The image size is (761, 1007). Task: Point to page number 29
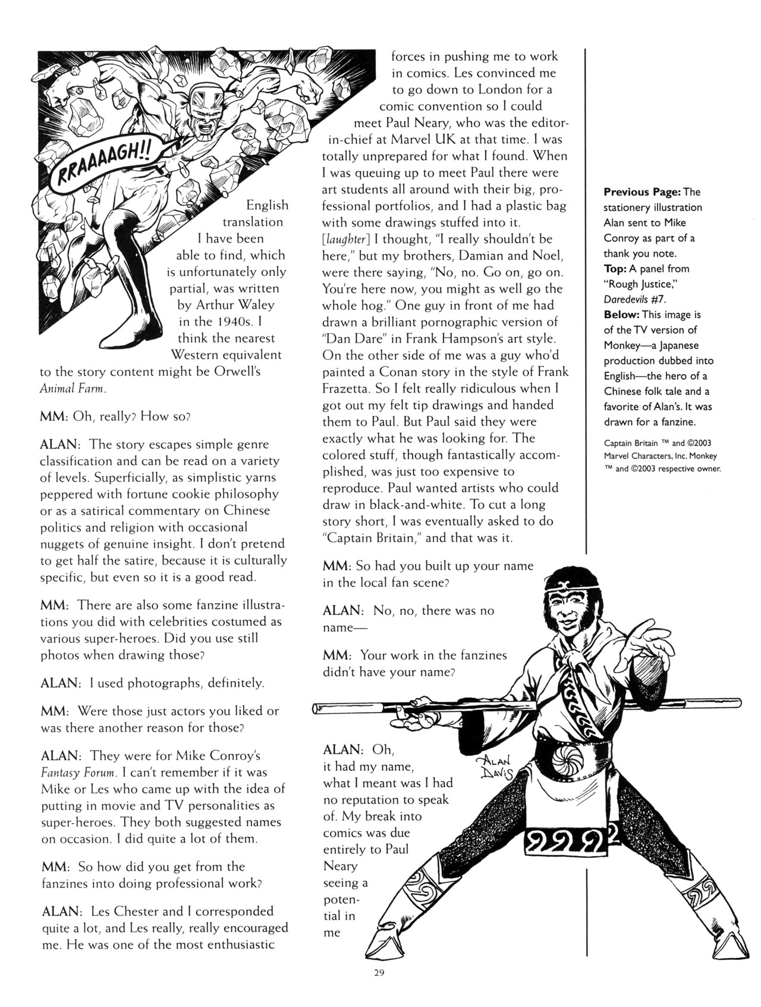click(x=380, y=973)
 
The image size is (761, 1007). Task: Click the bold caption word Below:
click(x=622, y=315)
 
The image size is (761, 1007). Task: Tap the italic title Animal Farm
click(x=73, y=388)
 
